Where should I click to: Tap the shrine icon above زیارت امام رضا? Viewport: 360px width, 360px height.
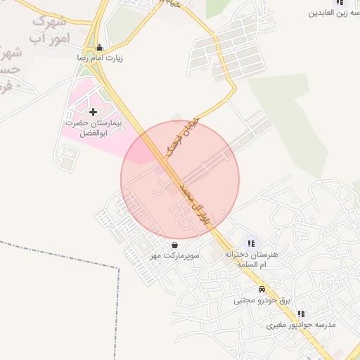point(98,48)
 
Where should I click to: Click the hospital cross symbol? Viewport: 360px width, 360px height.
point(94,112)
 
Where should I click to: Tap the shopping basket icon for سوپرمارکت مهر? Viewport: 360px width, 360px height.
point(174,245)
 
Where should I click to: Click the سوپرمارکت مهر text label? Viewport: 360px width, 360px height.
point(174,257)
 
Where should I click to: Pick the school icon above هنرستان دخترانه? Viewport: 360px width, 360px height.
point(252,243)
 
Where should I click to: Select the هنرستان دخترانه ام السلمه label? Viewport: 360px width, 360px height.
point(252,259)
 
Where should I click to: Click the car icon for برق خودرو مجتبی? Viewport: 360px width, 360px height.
point(262,289)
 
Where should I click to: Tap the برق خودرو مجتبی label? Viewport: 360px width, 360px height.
point(262,300)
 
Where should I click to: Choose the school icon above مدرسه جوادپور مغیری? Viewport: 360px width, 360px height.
point(301,314)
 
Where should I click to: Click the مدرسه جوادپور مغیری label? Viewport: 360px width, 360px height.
point(301,326)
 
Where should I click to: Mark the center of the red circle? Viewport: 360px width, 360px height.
point(180,180)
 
